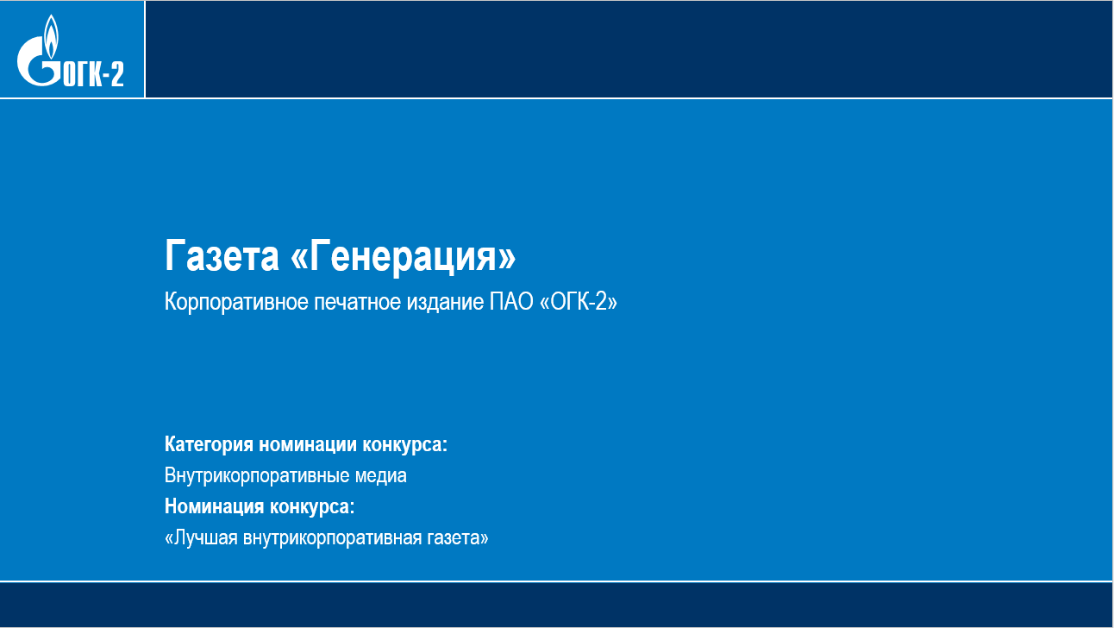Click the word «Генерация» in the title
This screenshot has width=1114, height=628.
[403, 256]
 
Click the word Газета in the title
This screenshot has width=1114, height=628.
[222, 255]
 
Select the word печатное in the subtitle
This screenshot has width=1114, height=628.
[358, 302]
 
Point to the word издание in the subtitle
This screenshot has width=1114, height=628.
[445, 303]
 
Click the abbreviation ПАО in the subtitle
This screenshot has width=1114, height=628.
[512, 302]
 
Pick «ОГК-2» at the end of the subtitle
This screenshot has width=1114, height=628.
[579, 302]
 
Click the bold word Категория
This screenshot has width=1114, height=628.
[209, 444]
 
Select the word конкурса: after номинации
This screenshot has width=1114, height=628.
[404, 445]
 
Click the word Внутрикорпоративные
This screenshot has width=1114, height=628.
[257, 475]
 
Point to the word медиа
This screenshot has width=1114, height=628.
[380, 476]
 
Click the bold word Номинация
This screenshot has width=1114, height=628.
[215, 506]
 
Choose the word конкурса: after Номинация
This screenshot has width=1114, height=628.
[312, 507]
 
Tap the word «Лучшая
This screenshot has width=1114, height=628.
[201, 538]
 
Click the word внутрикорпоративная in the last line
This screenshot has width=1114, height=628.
[332, 538]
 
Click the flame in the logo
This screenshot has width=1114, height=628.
[51, 36]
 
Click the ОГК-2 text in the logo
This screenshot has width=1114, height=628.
[93, 74]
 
